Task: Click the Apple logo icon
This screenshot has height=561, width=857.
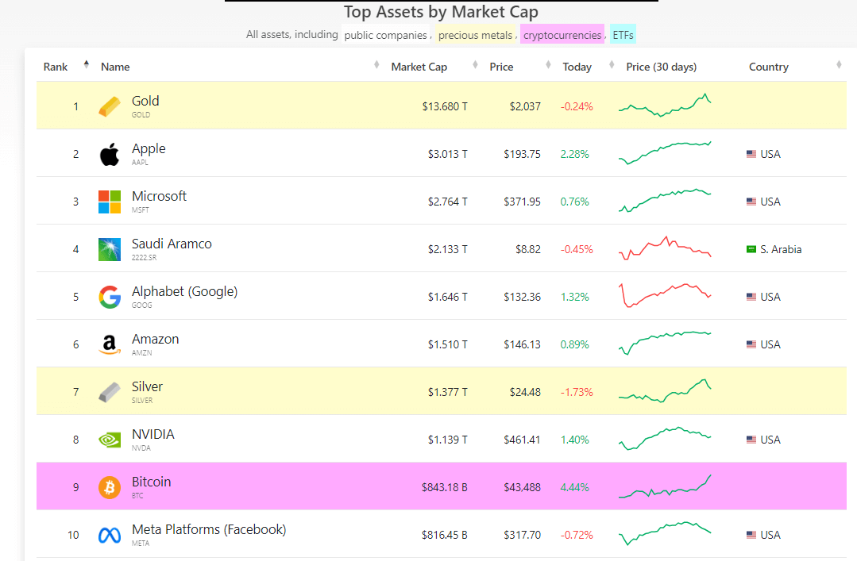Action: tap(110, 154)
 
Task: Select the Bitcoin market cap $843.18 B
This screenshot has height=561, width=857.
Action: tap(444, 487)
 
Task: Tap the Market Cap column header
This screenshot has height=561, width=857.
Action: tap(419, 67)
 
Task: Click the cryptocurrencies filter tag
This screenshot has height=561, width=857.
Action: tap(562, 35)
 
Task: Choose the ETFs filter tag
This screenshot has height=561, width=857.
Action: tap(623, 35)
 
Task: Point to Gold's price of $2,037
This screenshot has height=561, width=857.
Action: tap(524, 106)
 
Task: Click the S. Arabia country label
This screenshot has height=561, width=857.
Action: tap(780, 249)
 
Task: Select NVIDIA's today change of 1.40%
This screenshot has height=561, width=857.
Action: tap(575, 440)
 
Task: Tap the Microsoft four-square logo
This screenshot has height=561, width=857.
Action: tap(110, 202)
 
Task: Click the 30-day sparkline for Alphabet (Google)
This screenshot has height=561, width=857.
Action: tap(665, 296)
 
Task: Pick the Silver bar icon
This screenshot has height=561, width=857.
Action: tap(110, 392)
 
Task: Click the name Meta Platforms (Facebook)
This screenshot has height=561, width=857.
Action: tap(209, 529)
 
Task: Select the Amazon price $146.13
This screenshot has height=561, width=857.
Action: tap(522, 344)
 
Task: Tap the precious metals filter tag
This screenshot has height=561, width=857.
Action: tap(475, 35)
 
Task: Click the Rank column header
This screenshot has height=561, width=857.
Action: tap(56, 67)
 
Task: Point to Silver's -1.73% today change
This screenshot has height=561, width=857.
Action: tap(577, 392)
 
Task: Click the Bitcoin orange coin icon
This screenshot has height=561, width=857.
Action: tap(110, 487)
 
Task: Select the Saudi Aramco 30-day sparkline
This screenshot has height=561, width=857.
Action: tap(665, 248)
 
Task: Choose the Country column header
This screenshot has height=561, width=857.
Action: tap(768, 67)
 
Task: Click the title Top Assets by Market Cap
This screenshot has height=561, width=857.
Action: tap(441, 12)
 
